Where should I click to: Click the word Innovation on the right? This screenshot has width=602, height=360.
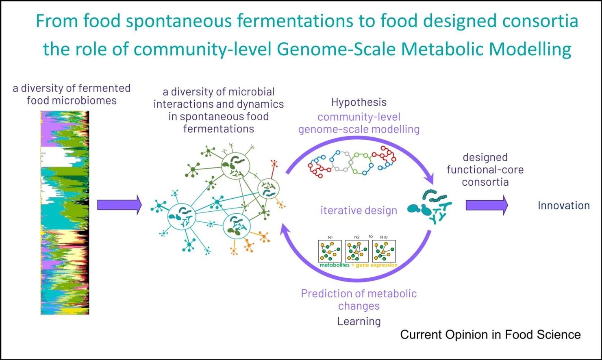click(563, 206)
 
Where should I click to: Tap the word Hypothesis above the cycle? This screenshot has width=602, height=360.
click(359, 102)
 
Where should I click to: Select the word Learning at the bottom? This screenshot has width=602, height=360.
click(359, 321)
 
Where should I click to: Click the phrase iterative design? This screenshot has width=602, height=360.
click(359, 210)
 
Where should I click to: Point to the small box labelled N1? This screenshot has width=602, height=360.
click(330, 251)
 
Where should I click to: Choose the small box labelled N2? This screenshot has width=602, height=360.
click(356, 251)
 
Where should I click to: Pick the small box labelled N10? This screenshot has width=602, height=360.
click(384, 251)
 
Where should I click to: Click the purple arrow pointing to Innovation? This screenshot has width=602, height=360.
click(487, 205)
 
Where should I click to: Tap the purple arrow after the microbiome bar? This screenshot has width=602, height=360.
click(119, 205)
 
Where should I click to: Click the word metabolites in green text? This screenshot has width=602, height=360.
click(334, 265)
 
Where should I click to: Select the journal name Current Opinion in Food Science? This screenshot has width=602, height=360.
click(490, 334)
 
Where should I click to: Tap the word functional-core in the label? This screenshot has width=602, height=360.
click(485, 169)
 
